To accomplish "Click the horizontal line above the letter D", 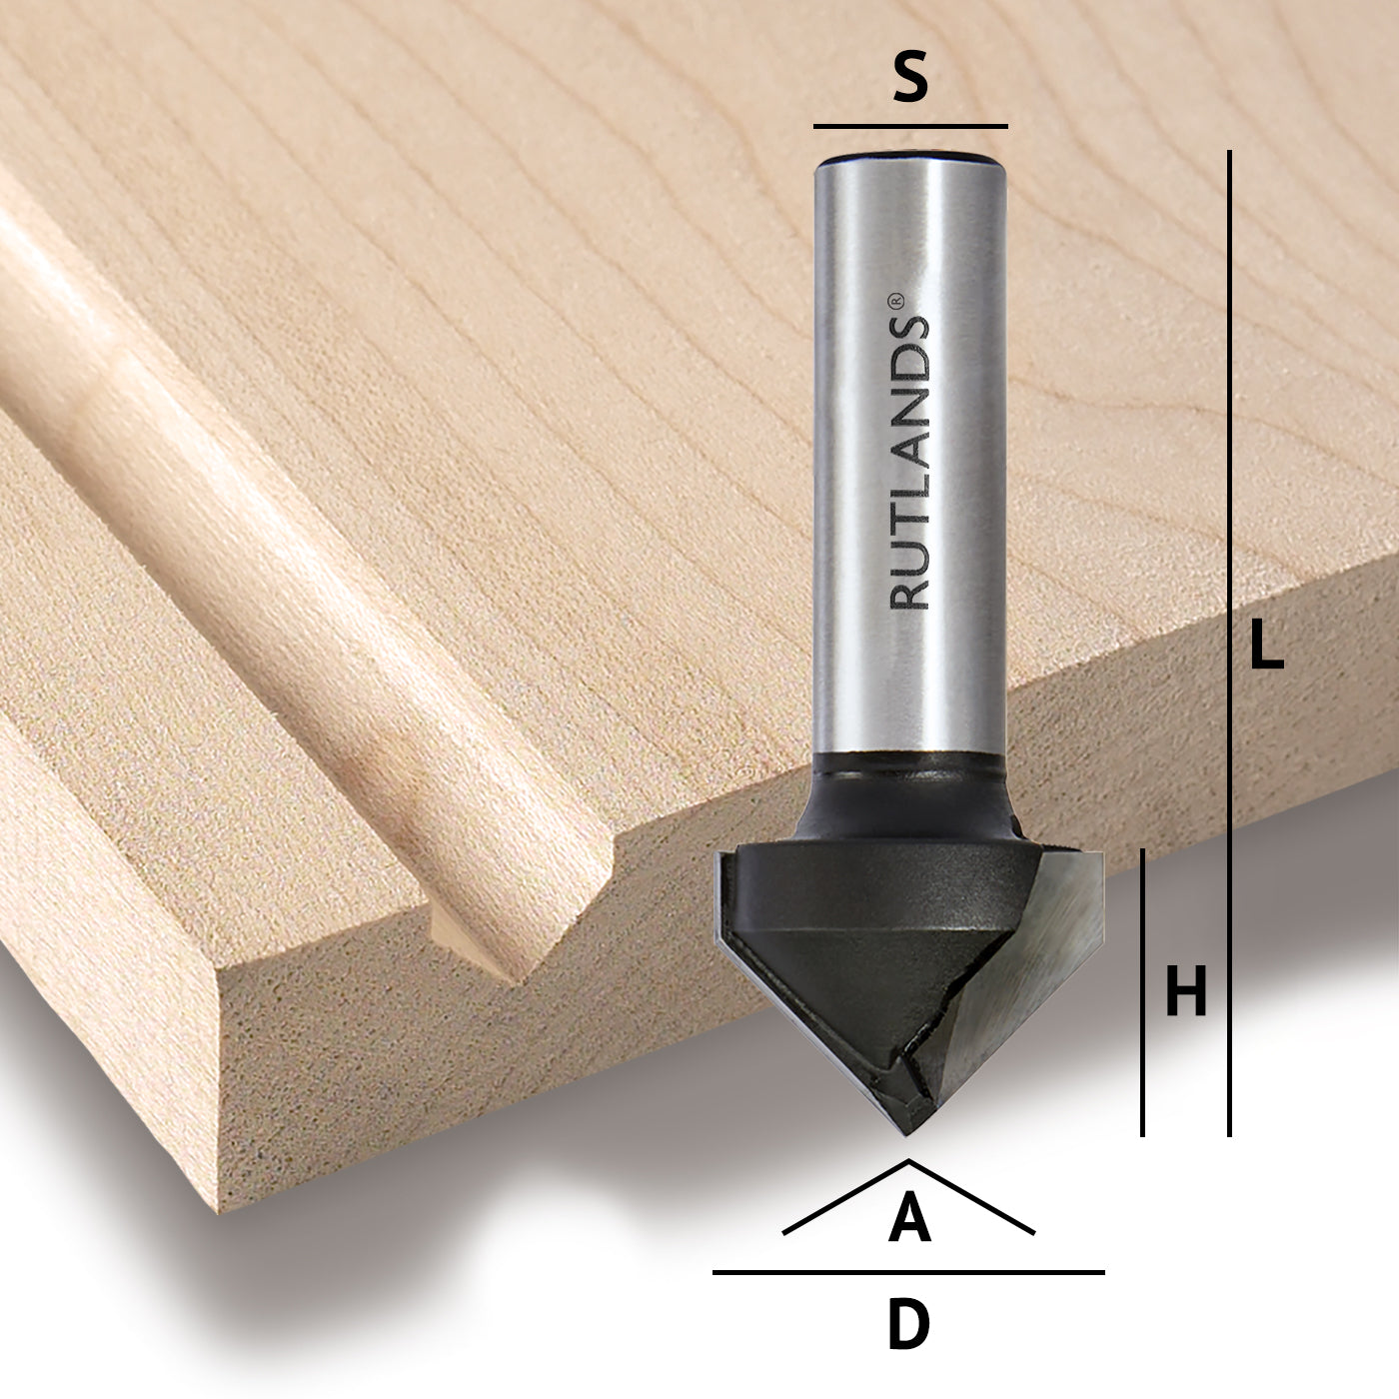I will click(x=908, y=1272).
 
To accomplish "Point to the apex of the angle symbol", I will click(x=908, y=1161).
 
